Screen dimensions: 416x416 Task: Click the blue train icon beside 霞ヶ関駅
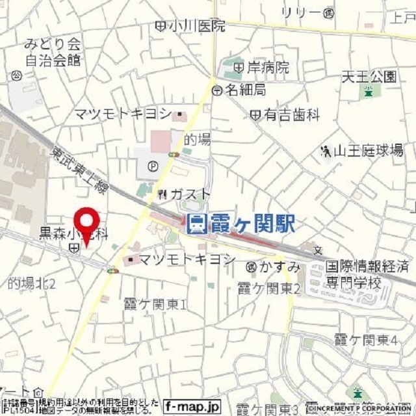(196, 224)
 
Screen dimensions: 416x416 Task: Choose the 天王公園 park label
(369, 77)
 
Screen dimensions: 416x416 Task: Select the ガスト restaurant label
(190, 194)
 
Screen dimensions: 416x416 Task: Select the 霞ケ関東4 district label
(365, 339)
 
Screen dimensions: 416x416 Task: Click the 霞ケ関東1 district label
(155, 304)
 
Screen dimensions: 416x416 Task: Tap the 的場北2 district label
(32, 283)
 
